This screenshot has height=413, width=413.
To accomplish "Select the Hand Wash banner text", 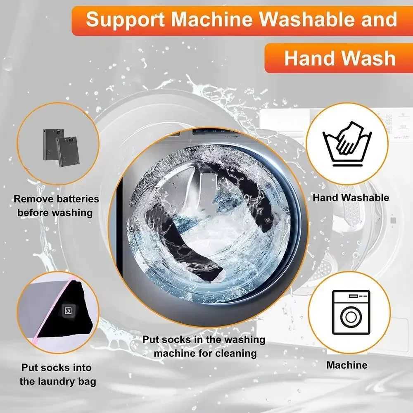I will click(339, 58).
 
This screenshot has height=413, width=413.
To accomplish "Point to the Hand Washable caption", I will click(351, 197).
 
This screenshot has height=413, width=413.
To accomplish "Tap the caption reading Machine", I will click(347, 365).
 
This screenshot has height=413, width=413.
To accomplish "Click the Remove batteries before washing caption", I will click(57, 206).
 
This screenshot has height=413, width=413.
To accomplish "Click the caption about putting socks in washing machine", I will click(204, 346).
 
